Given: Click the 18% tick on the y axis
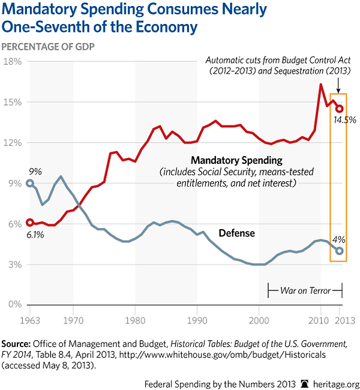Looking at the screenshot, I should click(13, 61).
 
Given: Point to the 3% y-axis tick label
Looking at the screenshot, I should click(15, 265).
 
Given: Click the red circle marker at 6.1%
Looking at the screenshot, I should click(30, 223).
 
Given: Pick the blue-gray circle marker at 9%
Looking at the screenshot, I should click(30, 183).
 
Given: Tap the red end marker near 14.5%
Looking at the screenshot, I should click(340, 109).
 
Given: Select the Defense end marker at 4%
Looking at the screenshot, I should click(340, 251).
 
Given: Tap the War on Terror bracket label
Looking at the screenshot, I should click(305, 290).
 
